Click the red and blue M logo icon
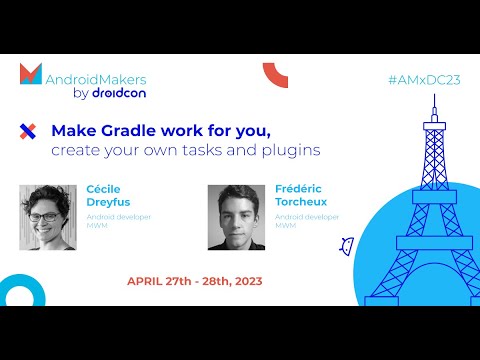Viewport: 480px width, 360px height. tap(31, 74)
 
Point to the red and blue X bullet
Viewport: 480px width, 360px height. tap(28, 130)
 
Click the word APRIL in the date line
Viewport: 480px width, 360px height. tap(146, 281)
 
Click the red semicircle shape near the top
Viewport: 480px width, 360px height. tap(275, 74)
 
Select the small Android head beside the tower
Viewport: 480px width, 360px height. tap(347, 245)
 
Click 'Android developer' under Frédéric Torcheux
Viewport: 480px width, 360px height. tap(308, 215)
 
